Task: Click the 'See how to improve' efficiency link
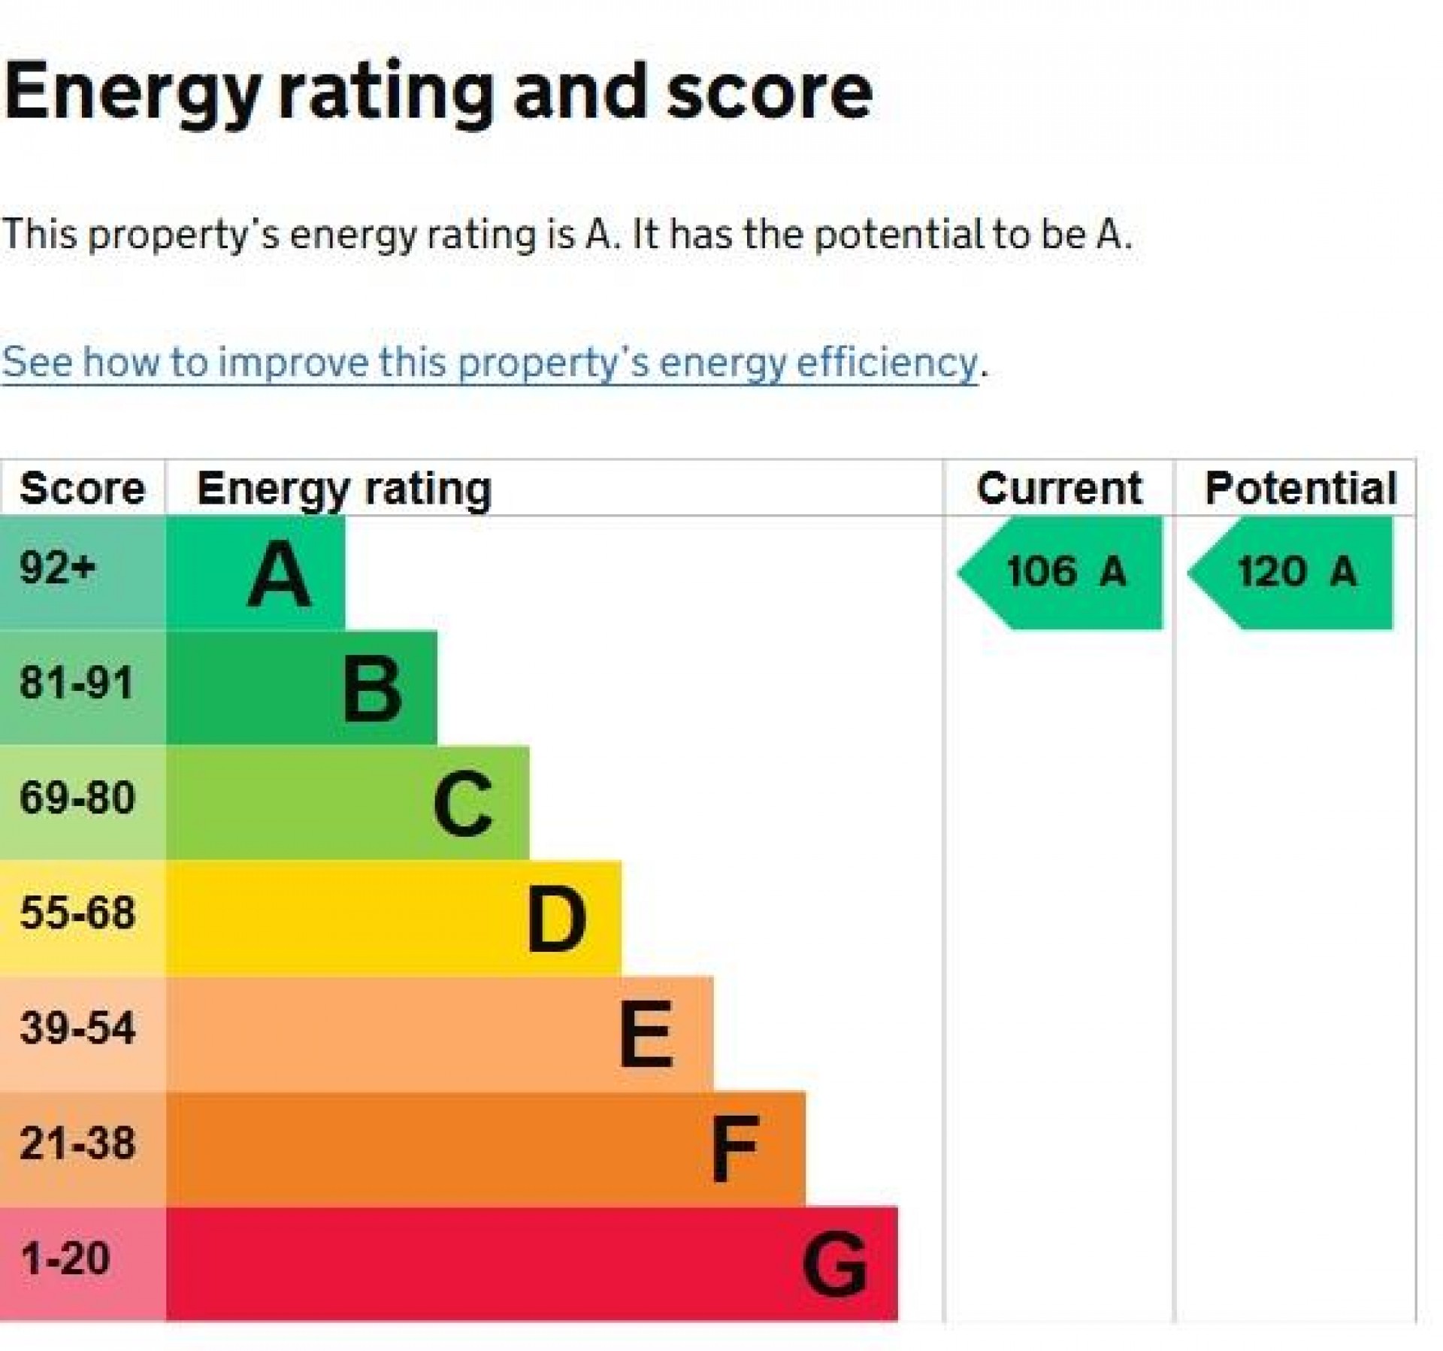point(489,362)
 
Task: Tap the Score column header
point(82,489)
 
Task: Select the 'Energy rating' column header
point(344,489)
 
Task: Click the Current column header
point(1059,489)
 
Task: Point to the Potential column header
point(1300,489)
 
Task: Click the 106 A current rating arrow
point(1064,572)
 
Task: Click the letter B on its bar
point(372,689)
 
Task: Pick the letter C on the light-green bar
point(463,804)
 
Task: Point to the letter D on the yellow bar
point(556,919)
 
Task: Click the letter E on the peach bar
point(646,1034)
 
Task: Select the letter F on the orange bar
point(735,1150)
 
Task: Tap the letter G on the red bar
point(834,1265)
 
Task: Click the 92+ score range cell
point(59,568)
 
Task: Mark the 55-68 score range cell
point(77,913)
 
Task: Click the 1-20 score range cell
point(65,1259)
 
